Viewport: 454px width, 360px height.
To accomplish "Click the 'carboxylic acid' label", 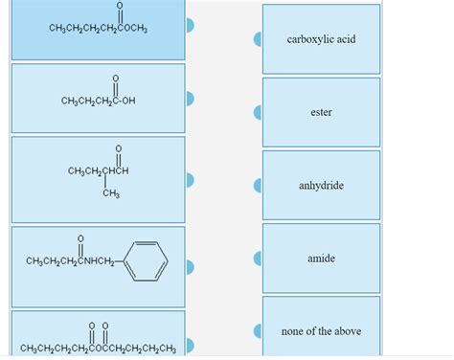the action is pos(321,39).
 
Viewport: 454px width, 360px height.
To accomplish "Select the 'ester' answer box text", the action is pos(321,113).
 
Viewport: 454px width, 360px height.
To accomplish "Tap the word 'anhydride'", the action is pos(321,186).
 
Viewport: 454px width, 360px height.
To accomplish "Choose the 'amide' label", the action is pos(321,259).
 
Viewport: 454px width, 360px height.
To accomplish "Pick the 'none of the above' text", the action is pos(321,331).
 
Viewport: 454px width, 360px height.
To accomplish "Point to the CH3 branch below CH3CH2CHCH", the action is pos(110,194).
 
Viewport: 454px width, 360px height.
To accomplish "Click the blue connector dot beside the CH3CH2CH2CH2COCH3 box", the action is pos(190,28).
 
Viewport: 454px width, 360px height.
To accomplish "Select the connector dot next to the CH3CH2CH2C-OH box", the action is pos(190,99).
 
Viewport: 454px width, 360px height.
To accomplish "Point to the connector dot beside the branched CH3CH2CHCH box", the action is pos(190,180).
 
